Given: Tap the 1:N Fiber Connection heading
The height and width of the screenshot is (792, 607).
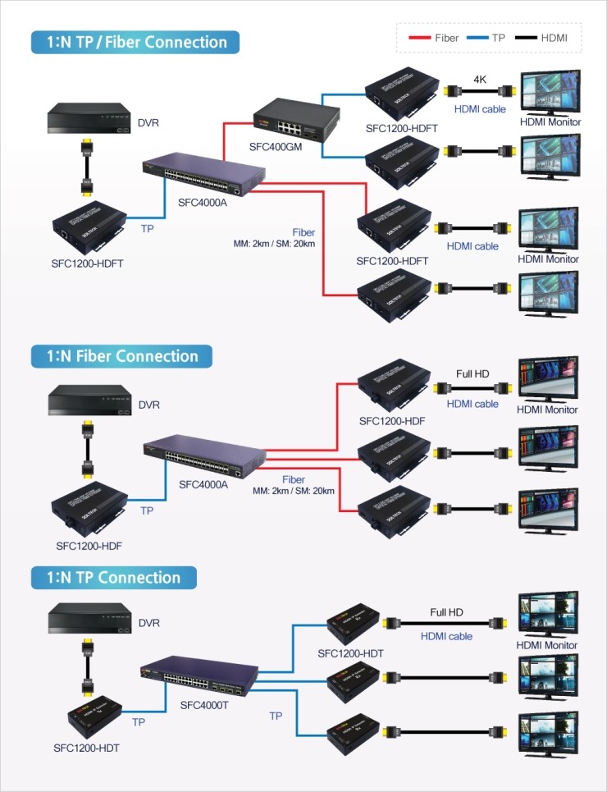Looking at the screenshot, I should point(121,356).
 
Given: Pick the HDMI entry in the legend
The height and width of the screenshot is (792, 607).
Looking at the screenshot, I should point(555,38).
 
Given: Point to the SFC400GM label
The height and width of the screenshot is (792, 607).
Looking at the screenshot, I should point(276,148).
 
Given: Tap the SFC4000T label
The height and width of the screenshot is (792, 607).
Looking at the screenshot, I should point(205,705).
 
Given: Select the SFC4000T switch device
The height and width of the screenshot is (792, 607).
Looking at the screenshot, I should point(200,675).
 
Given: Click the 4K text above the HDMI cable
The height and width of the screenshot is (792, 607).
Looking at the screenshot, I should point(480,80).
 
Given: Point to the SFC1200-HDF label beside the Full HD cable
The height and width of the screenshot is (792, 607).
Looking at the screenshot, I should point(391,421).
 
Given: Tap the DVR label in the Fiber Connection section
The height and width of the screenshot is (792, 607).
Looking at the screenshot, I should point(148,405).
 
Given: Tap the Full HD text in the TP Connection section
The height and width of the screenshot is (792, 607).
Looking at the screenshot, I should point(447,612).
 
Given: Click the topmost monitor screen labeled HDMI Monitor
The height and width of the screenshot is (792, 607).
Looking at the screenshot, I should point(548,90).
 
